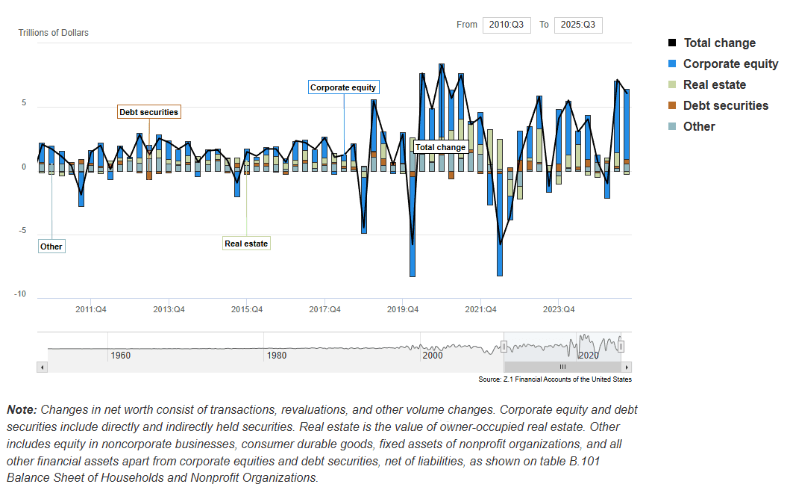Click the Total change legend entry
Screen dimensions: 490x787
tap(719, 43)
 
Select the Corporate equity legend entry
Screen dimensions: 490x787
tap(730, 64)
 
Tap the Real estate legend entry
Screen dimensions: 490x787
tap(714, 85)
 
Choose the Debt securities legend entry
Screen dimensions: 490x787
tap(725, 106)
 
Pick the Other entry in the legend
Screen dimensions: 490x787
tap(699, 127)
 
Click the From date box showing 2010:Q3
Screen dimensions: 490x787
tap(507, 25)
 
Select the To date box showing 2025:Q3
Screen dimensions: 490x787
tap(578, 25)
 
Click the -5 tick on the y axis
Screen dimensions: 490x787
tap(22, 231)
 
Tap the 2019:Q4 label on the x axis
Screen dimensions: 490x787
tap(403, 310)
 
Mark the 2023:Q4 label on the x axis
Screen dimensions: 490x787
tap(559, 310)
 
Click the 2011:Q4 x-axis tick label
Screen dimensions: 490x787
tap(91, 310)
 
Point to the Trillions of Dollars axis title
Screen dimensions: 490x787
tap(53, 33)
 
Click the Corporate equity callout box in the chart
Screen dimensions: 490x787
tap(343, 87)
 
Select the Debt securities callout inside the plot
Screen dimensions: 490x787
tap(149, 112)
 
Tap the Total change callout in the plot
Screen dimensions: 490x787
tap(440, 147)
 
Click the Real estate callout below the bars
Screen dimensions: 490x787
tap(246, 244)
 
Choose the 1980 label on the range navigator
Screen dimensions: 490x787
tap(277, 356)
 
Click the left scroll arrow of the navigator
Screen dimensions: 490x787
tap(42, 367)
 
